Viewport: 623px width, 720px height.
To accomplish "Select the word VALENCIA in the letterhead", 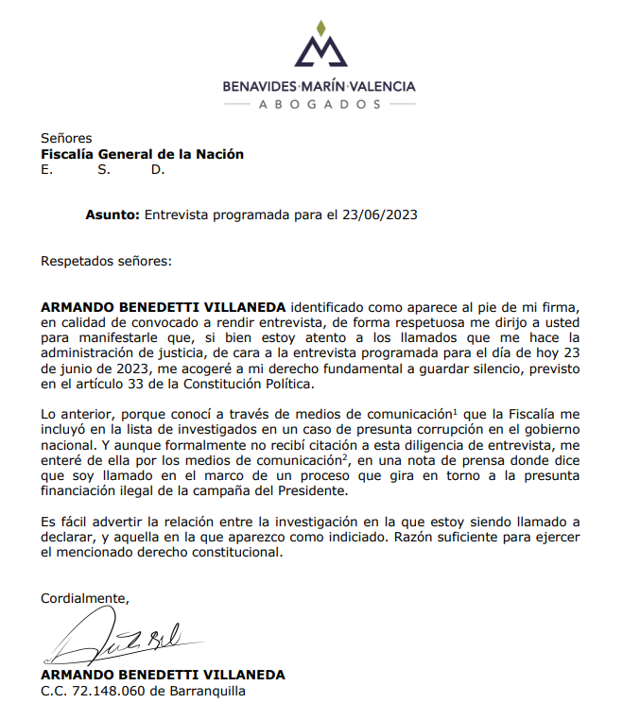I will (380, 86).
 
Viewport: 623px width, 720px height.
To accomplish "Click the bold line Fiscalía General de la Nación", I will (142, 154).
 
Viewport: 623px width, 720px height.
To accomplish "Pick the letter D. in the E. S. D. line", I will (158, 170).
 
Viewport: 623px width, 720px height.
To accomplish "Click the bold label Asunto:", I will (112, 214).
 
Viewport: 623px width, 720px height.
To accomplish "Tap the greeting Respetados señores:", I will (106, 259).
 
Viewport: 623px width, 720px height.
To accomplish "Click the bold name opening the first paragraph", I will (164, 306).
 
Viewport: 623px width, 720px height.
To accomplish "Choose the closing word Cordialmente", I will (83, 598).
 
